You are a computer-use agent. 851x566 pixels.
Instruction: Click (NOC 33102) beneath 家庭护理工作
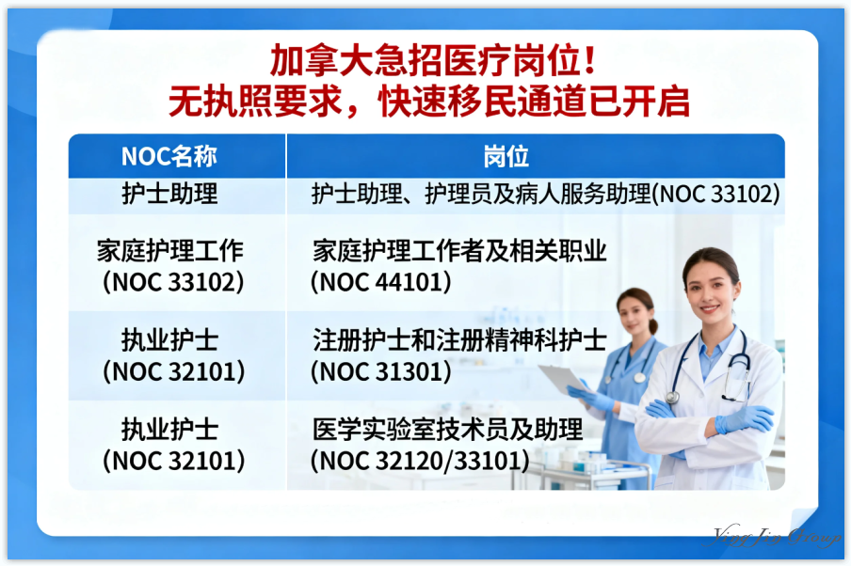click(x=173, y=282)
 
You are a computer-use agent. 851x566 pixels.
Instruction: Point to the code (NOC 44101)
click(x=381, y=282)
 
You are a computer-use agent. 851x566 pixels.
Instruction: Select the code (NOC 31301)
click(x=381, y=371)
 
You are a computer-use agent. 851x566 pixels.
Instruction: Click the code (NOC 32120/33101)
click(x=419, y=461)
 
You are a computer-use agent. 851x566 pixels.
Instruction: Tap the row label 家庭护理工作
click(x=170, y=251)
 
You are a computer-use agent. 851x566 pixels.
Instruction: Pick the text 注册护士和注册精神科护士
click(x=459, y=340)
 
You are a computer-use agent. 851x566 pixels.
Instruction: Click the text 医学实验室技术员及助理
click(x=448, y=430)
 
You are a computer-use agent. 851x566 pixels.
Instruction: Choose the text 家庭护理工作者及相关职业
click(x=459, y=251)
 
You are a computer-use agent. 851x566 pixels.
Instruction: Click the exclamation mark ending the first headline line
click(x=588, y=62)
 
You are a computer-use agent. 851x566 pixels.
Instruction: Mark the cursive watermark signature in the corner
click(x=777, y=537)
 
